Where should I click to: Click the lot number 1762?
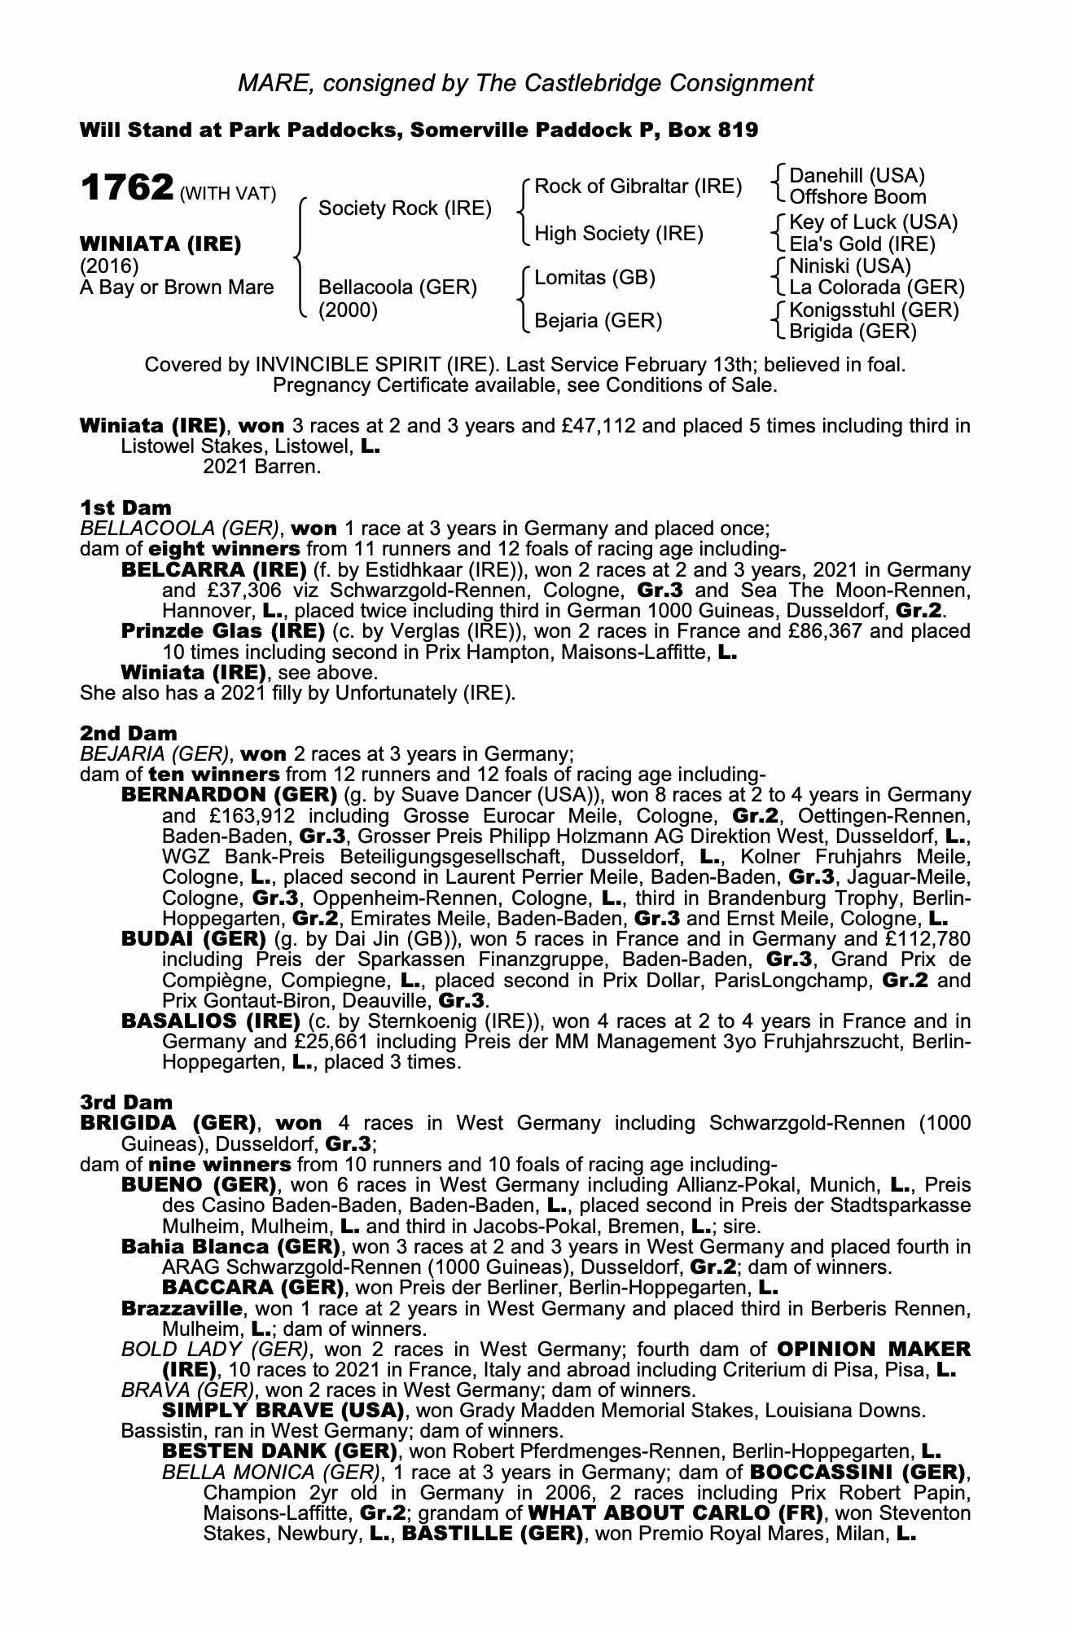tap(125, 188)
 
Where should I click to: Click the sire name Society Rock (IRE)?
tap(405, 209)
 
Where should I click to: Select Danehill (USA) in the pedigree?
tap(857, 176)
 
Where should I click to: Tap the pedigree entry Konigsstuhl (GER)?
tap(874, 310)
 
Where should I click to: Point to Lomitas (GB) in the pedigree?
tap(594, 277)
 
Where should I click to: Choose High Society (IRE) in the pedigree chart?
tap(618, 234)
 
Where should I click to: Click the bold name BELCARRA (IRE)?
tap(213, 569)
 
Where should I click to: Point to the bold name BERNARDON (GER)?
tap(229, 794)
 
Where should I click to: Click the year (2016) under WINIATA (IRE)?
tap(109, 266)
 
